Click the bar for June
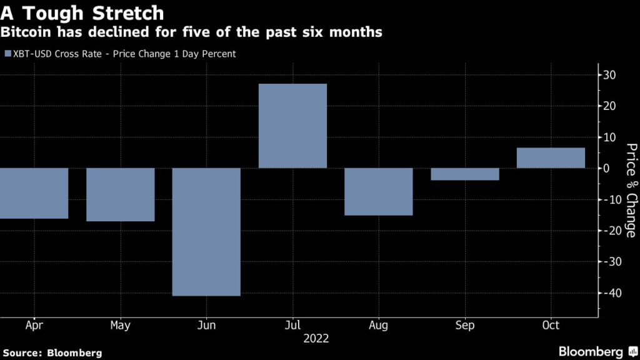206,232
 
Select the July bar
292,126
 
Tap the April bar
34,193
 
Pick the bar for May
120,194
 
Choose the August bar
379,191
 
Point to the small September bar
465,174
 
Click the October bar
551,158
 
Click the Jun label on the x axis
206,326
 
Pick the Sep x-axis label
465,326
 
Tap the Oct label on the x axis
551,326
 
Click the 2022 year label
316,339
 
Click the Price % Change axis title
631,190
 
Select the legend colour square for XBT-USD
7,54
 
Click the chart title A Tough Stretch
82,12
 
